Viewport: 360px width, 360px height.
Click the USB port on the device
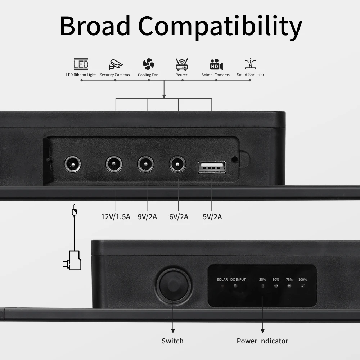pos(212,167)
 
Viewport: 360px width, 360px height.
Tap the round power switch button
pos(174,286)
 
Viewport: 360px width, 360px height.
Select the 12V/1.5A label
pos(116,217)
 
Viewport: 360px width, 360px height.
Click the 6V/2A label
pos(179,217)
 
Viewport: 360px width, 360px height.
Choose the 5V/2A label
pos(212,217)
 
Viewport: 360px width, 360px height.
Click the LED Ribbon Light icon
pos(81,64)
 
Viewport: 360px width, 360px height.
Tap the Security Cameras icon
pos(115,64)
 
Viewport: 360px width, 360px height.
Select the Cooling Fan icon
pos(148,64)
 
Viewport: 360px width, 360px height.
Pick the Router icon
pos(181,64)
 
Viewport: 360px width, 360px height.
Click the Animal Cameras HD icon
pos(216,64)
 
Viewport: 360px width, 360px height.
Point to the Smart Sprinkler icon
pos(250,64)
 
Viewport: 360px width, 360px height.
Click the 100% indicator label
pos(302,279)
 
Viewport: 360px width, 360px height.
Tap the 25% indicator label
pos(262,279)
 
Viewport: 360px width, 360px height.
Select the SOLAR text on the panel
pos(222,279)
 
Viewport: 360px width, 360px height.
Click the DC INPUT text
pos(238,279)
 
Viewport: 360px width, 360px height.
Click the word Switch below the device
pos(172,341)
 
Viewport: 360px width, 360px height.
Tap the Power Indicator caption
pos(262,341)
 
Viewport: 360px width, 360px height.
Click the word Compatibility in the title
pos(220,26)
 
